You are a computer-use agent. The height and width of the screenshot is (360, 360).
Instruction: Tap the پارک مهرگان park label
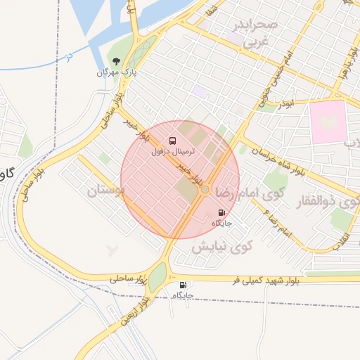(x=116, y=72)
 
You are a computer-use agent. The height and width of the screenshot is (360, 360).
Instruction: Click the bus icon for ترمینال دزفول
(x=174, y=141)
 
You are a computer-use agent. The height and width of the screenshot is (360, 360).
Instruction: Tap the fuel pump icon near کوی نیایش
(x=222, y=212)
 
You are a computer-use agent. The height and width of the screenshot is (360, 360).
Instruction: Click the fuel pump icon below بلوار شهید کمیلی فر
(x=184, y=285)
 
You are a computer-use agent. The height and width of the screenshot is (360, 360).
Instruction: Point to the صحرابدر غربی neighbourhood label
(x=259, y=33)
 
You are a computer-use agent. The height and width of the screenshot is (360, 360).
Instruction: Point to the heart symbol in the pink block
(x=328, y=121)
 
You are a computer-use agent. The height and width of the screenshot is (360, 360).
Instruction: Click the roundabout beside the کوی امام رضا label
(x=205, y=189)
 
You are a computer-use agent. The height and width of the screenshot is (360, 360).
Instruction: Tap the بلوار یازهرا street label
(x=342, y=70)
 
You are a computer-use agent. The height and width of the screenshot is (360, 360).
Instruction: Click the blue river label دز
(x=68, y=54)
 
